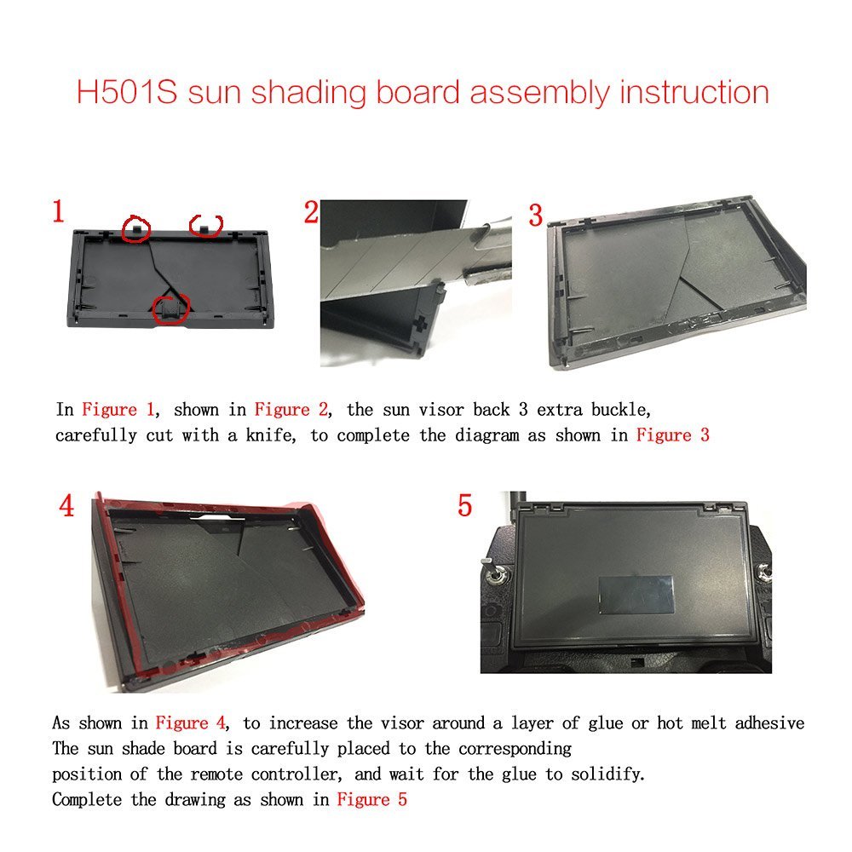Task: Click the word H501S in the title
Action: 127,92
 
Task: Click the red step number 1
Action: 58,210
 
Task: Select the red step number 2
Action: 311,212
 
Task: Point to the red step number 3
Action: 536,216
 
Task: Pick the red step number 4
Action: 66,506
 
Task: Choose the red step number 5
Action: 464,505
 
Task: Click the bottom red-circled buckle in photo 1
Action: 169,310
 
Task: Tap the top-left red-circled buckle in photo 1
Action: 135,228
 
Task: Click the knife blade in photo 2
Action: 391,261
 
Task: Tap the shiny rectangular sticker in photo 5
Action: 636,594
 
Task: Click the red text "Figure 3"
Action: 673,435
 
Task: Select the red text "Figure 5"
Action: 371,799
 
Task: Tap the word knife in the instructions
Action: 271,435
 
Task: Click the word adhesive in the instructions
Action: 769,723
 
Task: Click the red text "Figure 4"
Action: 191,723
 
